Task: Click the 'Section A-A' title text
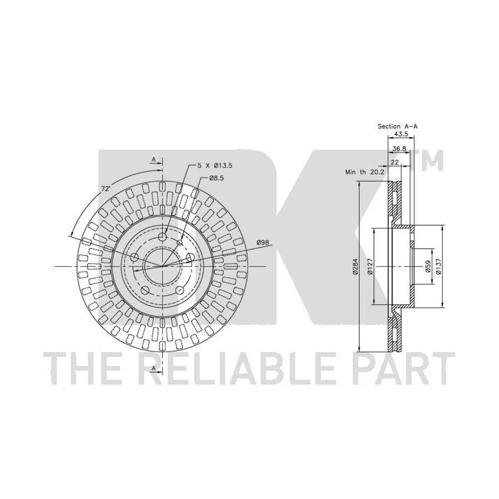click(x=398, y=126)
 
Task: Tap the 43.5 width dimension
click(x=401, y=134)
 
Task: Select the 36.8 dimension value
click(x=399, y=148)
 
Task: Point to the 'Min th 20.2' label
click(x=365, y=172)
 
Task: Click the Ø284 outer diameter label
click(x=355, y=266)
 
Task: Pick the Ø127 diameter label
click(x=370, y=266)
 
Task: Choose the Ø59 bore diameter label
click(x=428, y=266)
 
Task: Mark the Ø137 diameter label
click(x=439, y=266)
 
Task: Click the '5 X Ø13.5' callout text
click(x=215, y=166)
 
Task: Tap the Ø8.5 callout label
click(x=216, y=178)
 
